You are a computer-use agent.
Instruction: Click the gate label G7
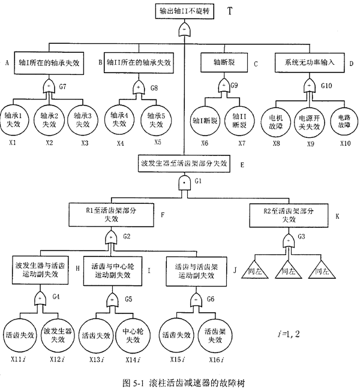[62, 86]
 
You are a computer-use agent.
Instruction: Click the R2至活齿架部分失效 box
[288, 214]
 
